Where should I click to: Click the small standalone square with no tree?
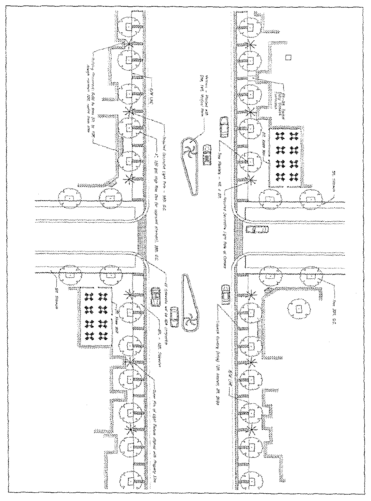[x=289, y=58]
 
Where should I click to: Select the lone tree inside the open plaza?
[x=299, y=309]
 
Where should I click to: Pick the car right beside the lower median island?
[x=174, y=316]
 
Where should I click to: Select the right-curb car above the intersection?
[x=224, y=127]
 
